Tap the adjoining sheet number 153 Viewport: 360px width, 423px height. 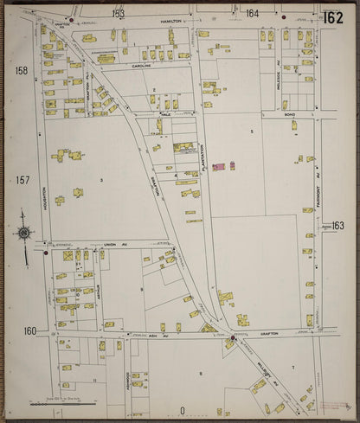point(118,14)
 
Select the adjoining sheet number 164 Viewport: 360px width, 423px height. point(252,14)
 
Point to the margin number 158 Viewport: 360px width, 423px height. point(21,70)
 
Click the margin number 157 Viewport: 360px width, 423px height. point(22,180)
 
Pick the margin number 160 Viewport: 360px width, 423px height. point(29,330)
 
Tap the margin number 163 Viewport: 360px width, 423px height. point(337,225)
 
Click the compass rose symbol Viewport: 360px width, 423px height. point(23,232)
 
